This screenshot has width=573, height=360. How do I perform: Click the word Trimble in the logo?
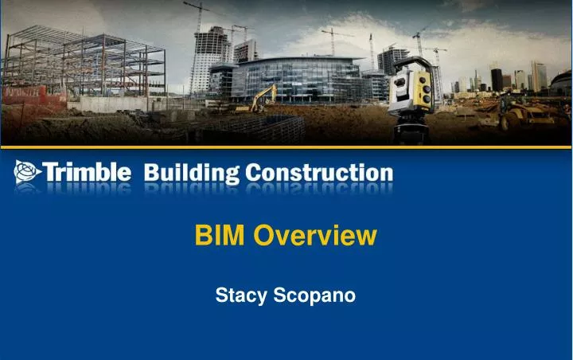coord(88,172)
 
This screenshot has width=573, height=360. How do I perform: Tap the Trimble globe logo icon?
coord(26,172)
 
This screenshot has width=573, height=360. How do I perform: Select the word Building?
coord(191,172)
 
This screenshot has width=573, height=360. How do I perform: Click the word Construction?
coord(318,172)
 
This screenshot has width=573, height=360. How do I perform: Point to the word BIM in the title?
coord(220,235)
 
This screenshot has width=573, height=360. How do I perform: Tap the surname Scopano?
coord(314,295)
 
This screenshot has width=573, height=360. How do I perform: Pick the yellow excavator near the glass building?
coord(263,99)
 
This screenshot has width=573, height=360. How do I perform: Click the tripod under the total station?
coord(411,131)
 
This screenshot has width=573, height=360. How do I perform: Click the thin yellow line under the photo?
coord(286,147)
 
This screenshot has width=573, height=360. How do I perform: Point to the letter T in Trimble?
coord(49,172)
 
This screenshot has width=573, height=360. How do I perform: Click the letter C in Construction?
coord(255,172)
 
